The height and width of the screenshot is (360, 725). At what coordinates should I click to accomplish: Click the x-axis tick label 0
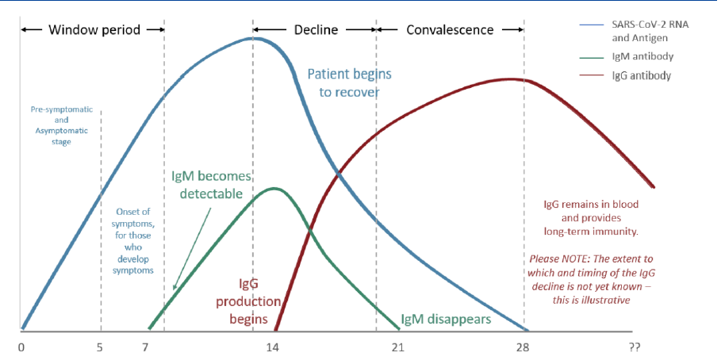21,347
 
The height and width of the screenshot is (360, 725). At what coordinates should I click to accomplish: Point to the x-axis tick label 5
101,347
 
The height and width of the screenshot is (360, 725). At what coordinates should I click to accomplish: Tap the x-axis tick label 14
272,347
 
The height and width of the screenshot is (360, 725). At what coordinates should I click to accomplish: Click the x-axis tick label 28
524,347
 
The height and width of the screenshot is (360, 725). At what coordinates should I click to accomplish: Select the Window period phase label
94,30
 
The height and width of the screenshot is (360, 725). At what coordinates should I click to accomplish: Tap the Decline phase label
316,30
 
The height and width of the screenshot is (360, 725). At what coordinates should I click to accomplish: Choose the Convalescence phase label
450,30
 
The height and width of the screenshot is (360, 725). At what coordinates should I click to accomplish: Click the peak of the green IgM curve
274,188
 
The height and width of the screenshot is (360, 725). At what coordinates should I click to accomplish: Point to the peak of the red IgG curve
510,79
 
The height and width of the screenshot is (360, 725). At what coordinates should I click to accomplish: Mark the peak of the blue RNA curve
252,37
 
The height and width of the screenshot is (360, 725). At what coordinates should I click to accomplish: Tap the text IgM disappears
447,320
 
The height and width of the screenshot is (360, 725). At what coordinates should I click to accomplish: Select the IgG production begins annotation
260,301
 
